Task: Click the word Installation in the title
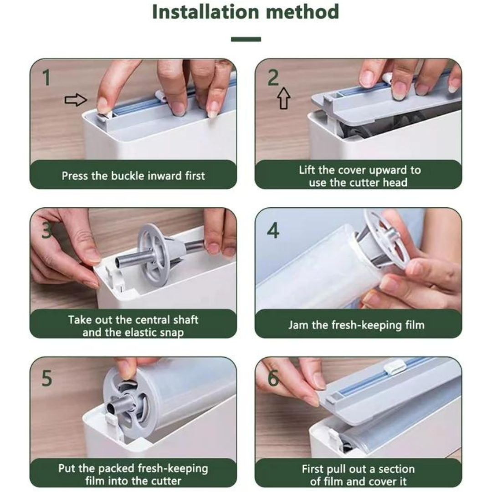point(206,12)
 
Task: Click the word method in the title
point(302,12)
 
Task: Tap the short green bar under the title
point(246,39)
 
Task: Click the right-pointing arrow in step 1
point(76,100)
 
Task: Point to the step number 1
point(46,77)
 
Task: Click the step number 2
point(273,77)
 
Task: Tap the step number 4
point(273,231)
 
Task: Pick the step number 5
point(47,379)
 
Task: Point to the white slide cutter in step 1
point(161,96)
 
